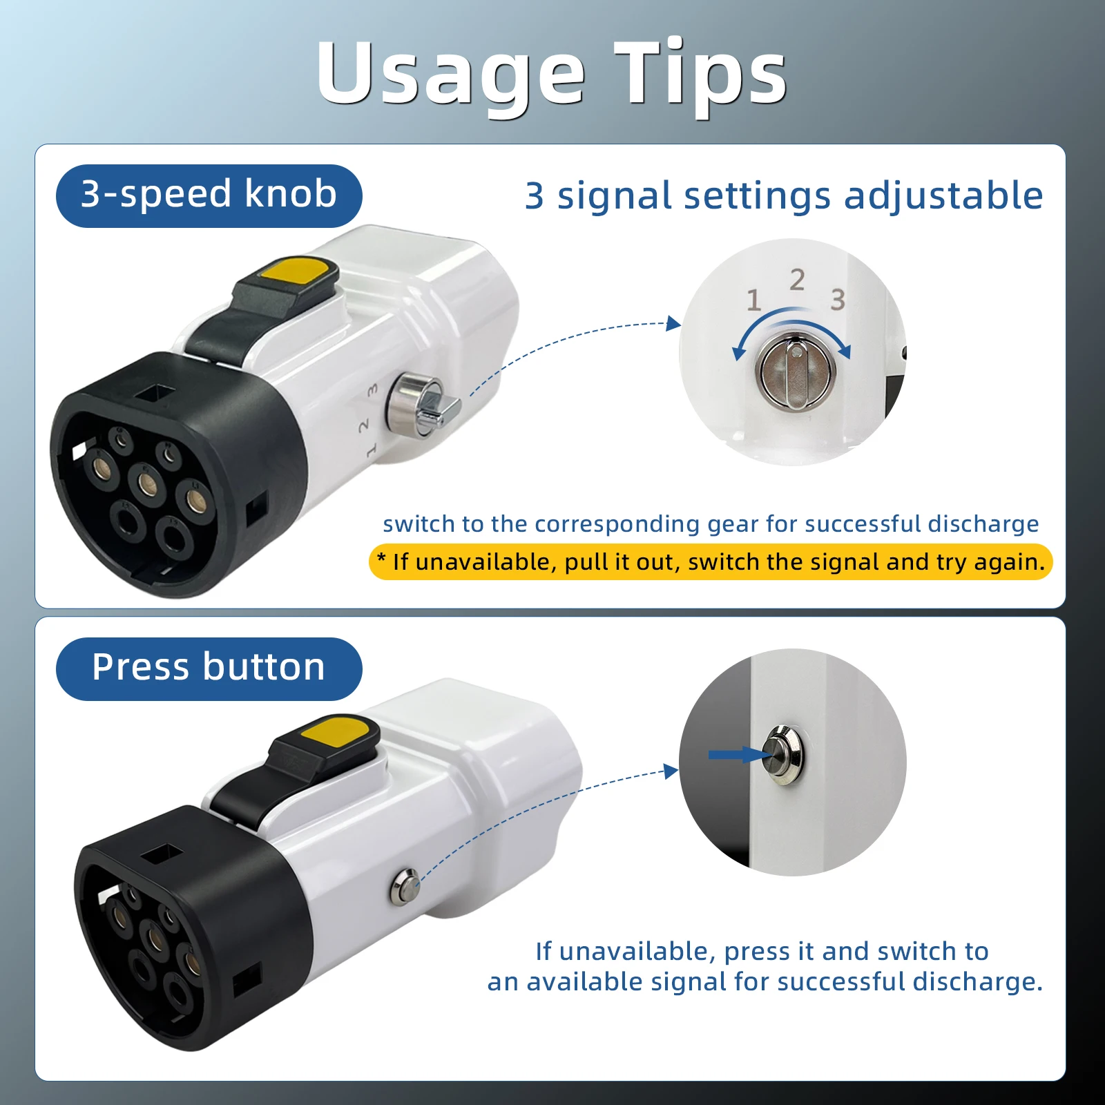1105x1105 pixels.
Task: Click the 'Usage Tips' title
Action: tap(551, 75)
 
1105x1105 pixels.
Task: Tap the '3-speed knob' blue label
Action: tap(209, 195)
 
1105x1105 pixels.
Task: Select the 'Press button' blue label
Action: tap(209, 668)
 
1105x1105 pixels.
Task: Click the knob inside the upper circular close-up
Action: tap(798, 372)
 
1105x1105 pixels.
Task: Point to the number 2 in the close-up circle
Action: tap(797, 280)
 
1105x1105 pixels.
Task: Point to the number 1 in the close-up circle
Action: tap(753, 300)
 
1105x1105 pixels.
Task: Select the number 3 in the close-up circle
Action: tap(838, 300)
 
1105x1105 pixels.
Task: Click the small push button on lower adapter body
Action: tap(405, 887)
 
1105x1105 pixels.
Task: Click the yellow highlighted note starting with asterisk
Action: tap(711, 562)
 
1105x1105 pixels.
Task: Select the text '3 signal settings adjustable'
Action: tap(784, 195)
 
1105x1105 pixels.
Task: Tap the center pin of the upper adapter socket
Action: tap(146, 483)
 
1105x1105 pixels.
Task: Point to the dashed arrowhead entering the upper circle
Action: tap(673, 324)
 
